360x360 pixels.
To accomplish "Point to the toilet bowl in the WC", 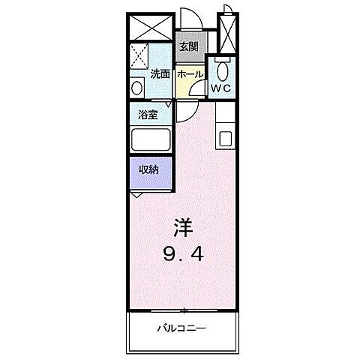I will coord(220,71).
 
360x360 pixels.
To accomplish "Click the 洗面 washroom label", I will coord(159,74).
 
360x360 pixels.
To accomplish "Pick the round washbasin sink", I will coord(136,88).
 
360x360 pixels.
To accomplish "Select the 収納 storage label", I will coord(148,169).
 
